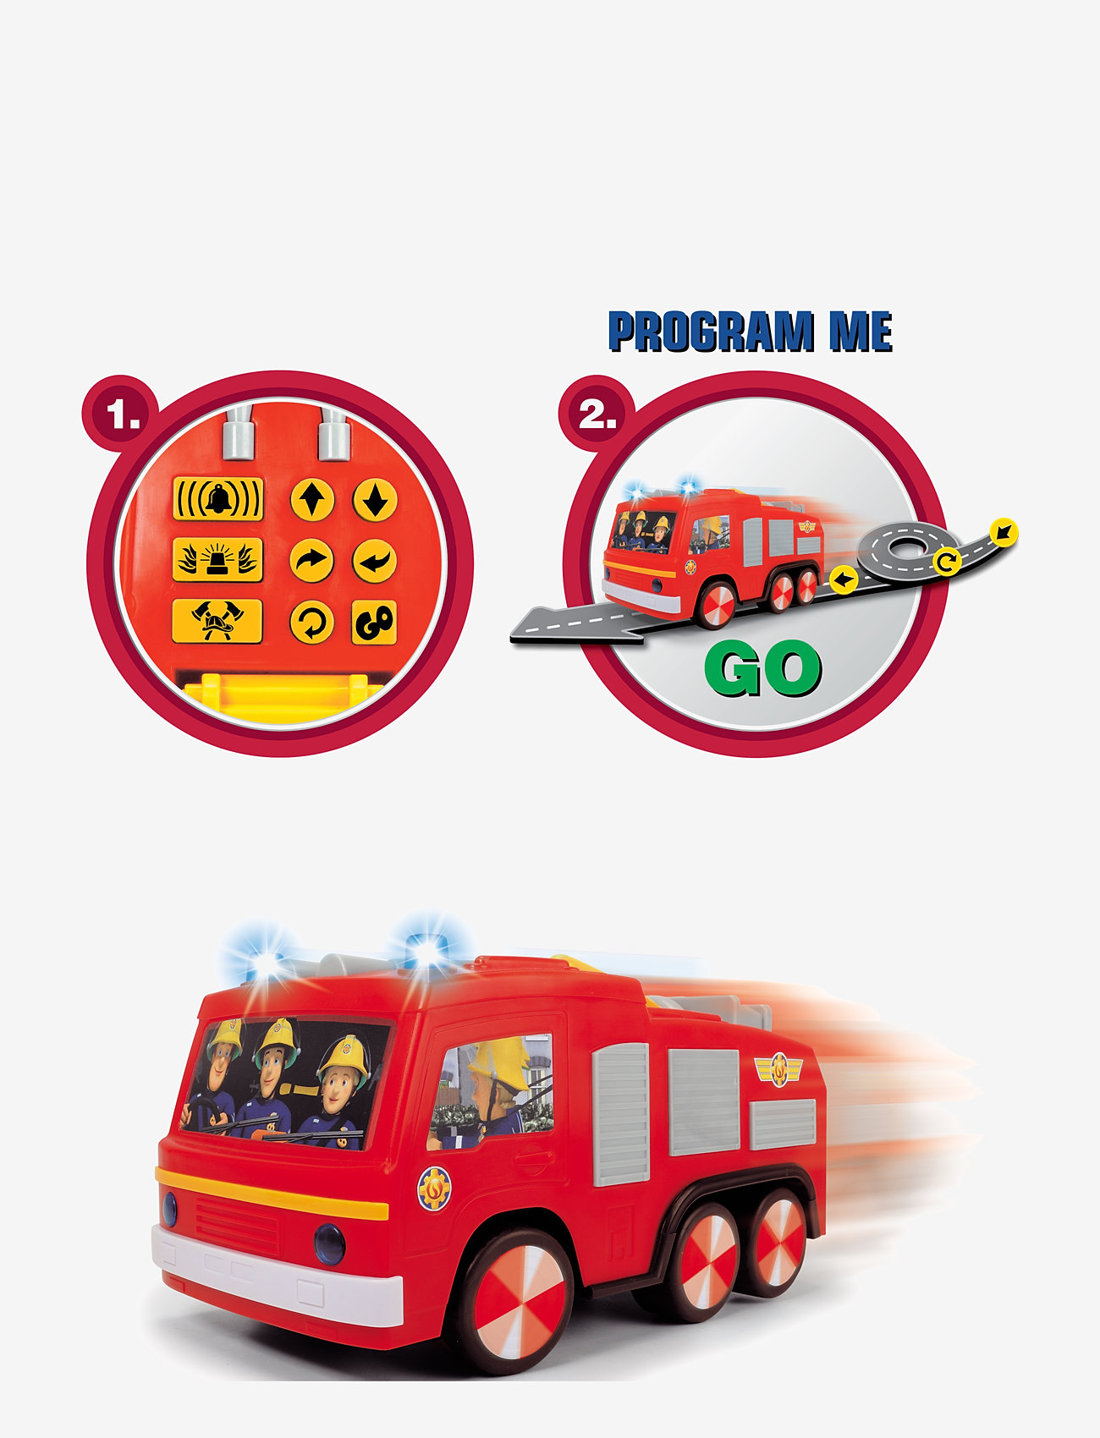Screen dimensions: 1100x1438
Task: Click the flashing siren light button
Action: coord(218,560)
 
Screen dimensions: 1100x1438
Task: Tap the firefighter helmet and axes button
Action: coord(217,622)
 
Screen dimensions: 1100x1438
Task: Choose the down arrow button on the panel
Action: coord(375,500)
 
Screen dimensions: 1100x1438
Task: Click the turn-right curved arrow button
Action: coord(312,561)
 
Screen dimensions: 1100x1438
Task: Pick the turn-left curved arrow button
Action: coord(375,561)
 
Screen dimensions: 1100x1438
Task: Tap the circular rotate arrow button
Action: coord(312,623)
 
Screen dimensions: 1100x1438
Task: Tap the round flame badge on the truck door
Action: coord(434,1188)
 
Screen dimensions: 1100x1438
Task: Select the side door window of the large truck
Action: coord(491,1091)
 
